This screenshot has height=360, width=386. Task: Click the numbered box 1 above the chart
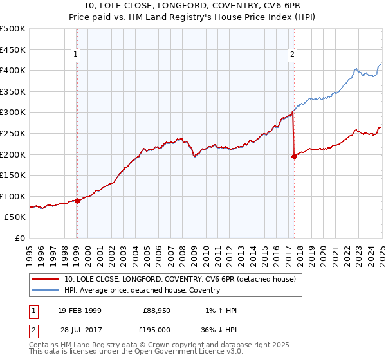[x=76, y=55]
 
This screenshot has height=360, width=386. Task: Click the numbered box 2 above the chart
[x=292, y=55]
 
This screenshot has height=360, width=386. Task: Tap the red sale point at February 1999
[x=77, y=201]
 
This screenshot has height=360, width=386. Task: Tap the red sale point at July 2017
[x=294, y=156]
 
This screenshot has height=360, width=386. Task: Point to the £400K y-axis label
[x=13, y=70]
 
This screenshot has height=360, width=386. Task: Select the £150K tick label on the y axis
[x=13, y=175]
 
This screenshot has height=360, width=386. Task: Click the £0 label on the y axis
[x=19, y=238]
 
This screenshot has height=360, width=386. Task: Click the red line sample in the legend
[x=46, y=279]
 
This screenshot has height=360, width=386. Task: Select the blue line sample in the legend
[x=46, y=290]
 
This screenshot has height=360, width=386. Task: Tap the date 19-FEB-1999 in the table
[x=80, y=310]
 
